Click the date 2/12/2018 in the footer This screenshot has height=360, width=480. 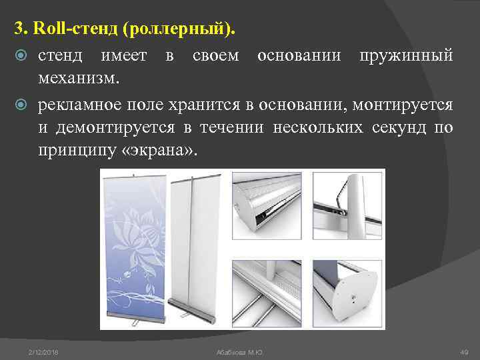pyautogui.click(x=44, y=351)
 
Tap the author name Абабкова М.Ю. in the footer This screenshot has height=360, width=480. pyautogui.click(x=241, y=351)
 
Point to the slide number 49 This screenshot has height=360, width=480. pyautogui.click(x=464, y=351)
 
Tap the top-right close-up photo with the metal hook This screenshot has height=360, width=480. pyautogui.click(x=348, y=207)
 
